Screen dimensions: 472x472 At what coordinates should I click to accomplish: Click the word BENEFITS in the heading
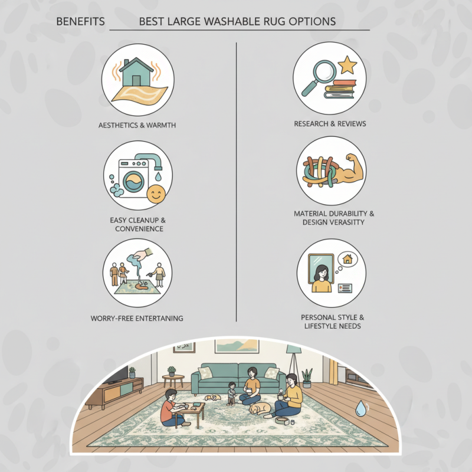80,22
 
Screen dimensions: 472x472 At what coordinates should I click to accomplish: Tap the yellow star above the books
347,65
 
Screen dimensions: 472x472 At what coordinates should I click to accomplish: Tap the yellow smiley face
156,194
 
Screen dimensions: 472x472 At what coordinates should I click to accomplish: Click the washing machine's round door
133,182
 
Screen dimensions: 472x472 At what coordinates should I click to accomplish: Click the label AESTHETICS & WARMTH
137,125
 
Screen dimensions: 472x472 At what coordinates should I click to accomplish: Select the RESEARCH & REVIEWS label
330,124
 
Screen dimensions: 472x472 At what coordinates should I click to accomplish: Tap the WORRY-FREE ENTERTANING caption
137,319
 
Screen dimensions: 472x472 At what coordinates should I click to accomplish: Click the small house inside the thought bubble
348,259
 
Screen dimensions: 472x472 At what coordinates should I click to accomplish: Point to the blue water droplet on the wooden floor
360,408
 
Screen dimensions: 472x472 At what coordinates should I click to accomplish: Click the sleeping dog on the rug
260,409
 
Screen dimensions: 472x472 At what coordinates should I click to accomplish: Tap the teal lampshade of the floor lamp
293,349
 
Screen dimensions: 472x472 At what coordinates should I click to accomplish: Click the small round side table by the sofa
173,381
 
